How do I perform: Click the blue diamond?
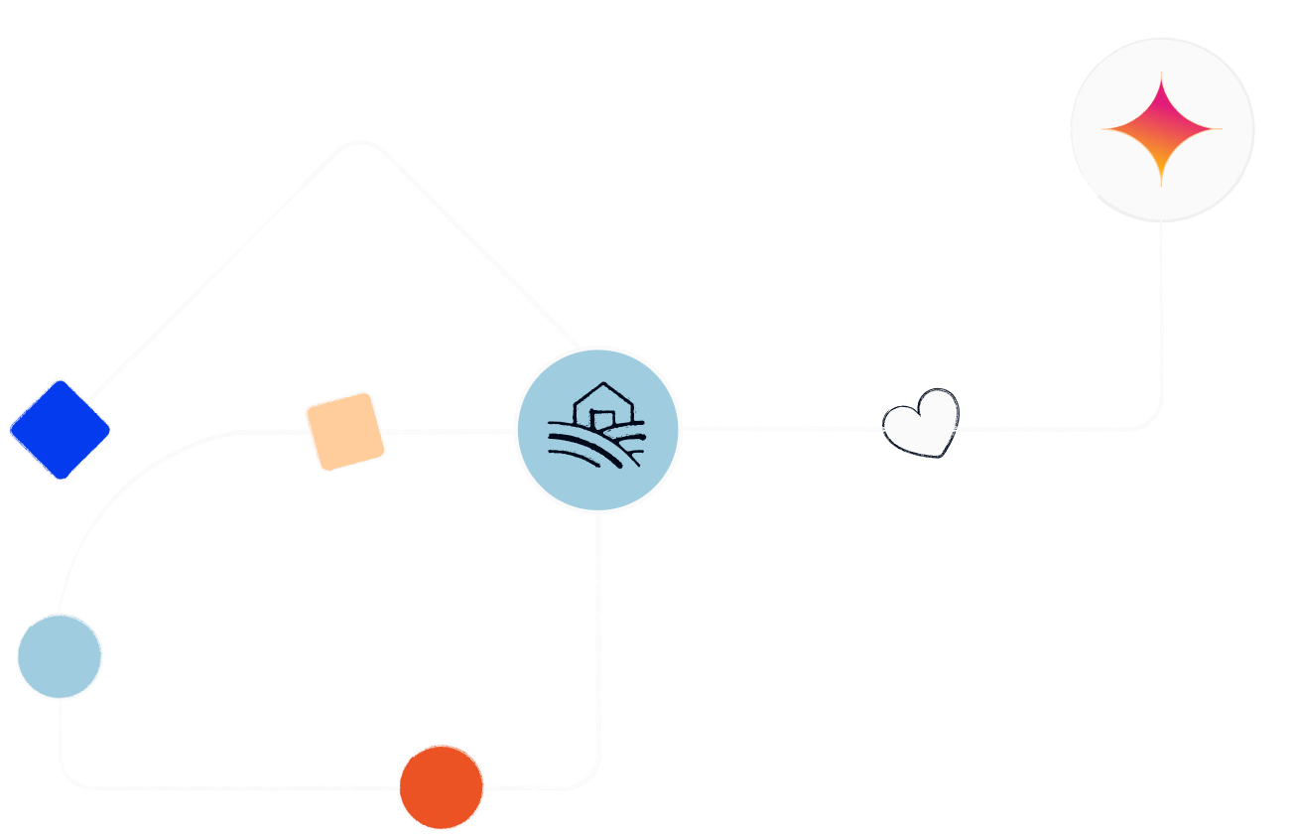tap(60, 429)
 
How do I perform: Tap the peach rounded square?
tap(344, 430)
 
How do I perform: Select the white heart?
tap(922, 424)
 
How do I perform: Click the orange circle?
tap(442, 786)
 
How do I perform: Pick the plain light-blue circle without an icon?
tap(60, 656)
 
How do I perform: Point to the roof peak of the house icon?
tap(602, 384)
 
